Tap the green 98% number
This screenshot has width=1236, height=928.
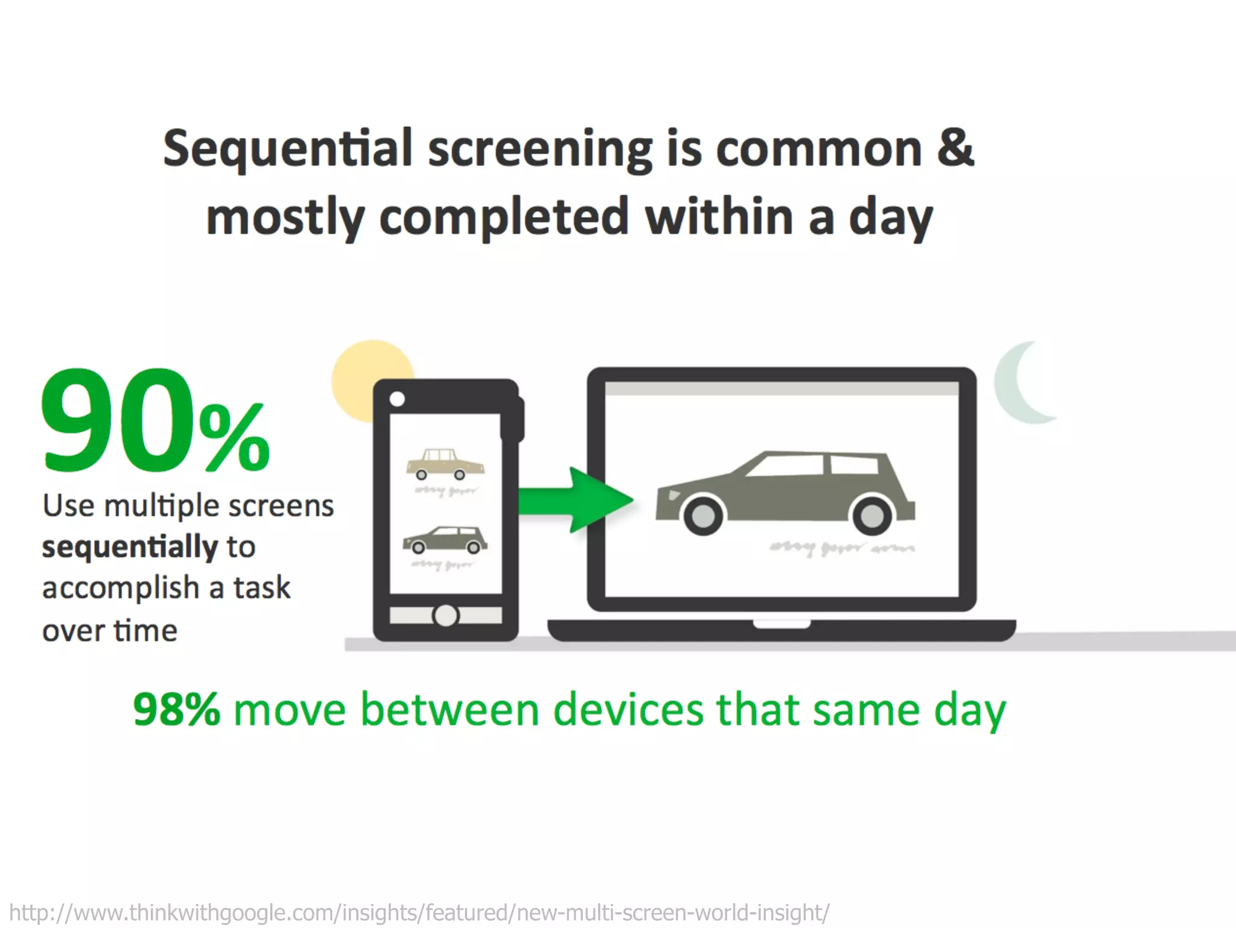176,709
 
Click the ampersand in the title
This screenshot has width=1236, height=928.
955,149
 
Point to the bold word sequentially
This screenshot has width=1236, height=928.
130,547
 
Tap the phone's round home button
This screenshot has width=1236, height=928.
445,615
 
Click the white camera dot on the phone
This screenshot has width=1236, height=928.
397,398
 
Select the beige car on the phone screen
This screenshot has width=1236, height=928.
445,464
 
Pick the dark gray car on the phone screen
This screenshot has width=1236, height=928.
445,539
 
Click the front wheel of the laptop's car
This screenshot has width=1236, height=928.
703,515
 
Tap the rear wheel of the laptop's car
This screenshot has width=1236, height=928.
871,515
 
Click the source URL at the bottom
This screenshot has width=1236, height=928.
419,912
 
